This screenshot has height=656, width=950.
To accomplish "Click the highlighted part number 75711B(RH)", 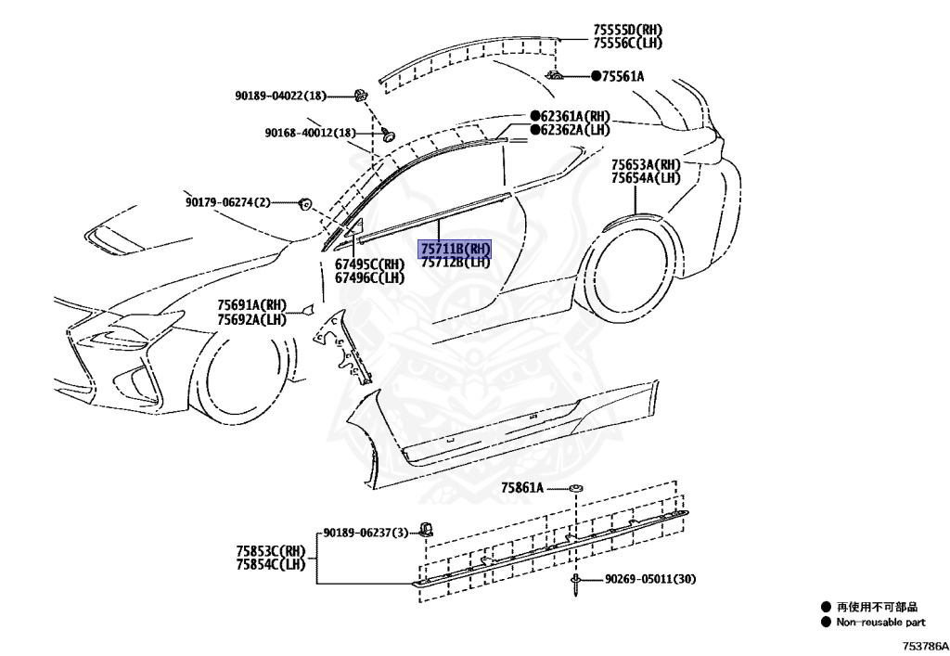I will coord(455,249).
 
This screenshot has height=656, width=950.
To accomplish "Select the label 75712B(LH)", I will coord(455,262).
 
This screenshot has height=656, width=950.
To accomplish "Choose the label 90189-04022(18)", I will coord(281,96).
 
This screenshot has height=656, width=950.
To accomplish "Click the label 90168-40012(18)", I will coord(310,134).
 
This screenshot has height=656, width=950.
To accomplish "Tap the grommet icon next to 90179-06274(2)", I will coord(303,203).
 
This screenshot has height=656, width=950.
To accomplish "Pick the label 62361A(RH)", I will coord(575,117).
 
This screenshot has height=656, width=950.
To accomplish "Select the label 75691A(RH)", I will coord(252,305).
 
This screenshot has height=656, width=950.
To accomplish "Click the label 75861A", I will coord(522,487).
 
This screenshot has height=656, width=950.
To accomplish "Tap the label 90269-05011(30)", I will coord(649,580).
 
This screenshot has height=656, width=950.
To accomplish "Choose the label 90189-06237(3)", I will coord(365,533).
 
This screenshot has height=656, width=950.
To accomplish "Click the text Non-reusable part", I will coord(880,623).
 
